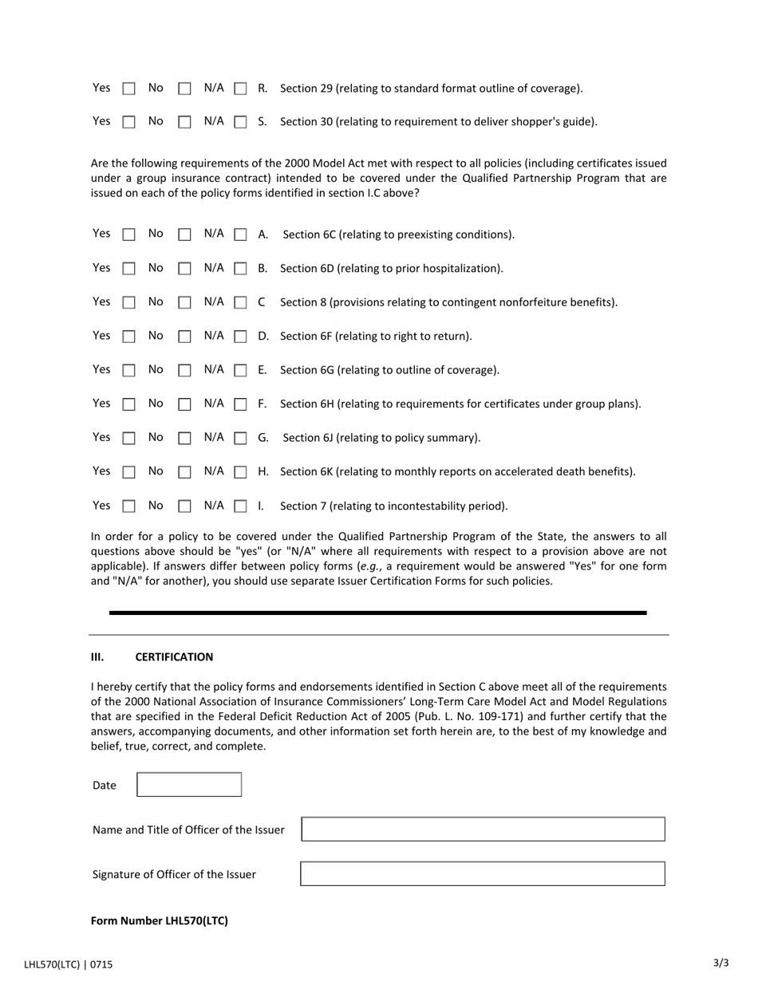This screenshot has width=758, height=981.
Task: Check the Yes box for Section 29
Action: pos(128,89)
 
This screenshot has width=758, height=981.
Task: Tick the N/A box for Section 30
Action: pos(240,122)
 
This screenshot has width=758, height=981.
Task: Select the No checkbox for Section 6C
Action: pos(184,234)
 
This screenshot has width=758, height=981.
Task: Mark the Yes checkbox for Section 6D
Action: pos(128,269)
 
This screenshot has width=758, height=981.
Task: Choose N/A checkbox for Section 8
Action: pos(240,302)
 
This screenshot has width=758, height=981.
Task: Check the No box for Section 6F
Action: pos(184,337)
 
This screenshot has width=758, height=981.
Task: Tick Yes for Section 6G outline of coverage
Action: pos(128,370)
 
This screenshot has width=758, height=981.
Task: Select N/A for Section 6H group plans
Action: pos(240,404)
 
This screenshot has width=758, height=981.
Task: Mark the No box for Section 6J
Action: pos(184,438)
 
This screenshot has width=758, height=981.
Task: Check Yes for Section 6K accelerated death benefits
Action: pos(128,472)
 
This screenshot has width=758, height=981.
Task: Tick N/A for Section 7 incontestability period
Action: pos(240,506)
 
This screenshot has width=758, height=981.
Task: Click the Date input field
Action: pos(189,785)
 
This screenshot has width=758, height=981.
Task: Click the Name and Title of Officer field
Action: pos(483,829)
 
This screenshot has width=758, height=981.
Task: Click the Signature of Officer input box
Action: pos(483,874)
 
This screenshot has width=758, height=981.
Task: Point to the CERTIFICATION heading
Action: pos(174,657)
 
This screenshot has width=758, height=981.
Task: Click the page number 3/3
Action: pos(720,963)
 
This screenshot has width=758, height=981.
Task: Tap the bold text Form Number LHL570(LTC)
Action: pos(160,920)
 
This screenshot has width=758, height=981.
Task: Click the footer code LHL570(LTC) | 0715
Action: pos(69,964)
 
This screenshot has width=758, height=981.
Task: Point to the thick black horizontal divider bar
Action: pos(378,613)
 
